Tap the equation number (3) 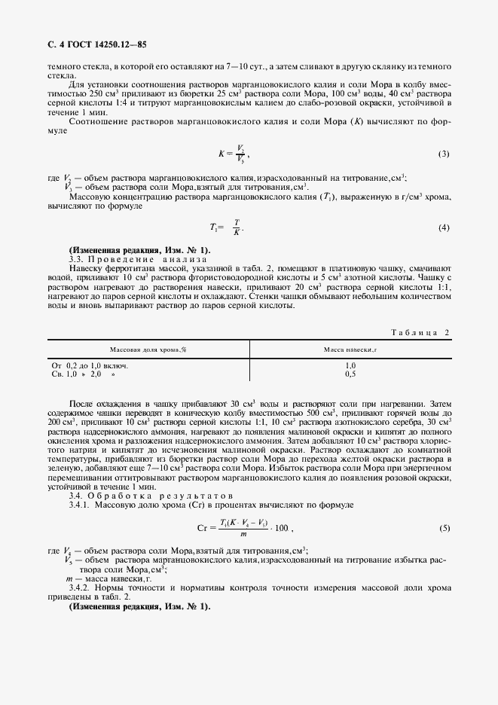(444, 154)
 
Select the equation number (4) (444, 227)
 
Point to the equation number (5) (444, 528)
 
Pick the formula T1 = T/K (227, 227)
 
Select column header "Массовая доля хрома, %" (148, 349)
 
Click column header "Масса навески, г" (350, 349)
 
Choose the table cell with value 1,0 (350, 365)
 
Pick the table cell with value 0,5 (350, 373)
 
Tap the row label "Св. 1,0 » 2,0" (84, 373)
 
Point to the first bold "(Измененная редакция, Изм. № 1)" (140, 249)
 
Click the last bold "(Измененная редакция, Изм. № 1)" (140, 606)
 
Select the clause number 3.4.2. (81, 587)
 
